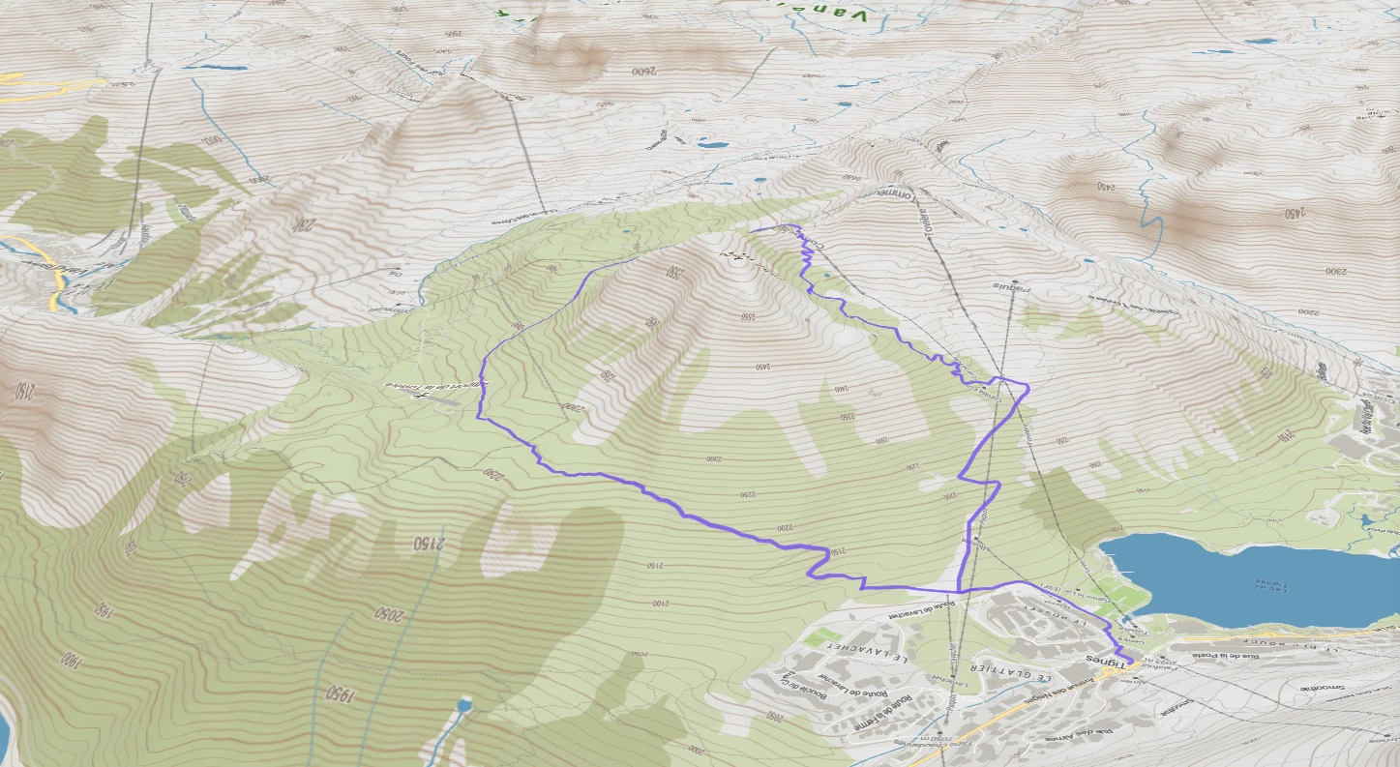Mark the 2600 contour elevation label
(x=642, y=72)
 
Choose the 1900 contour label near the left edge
(x=70, y=661)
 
